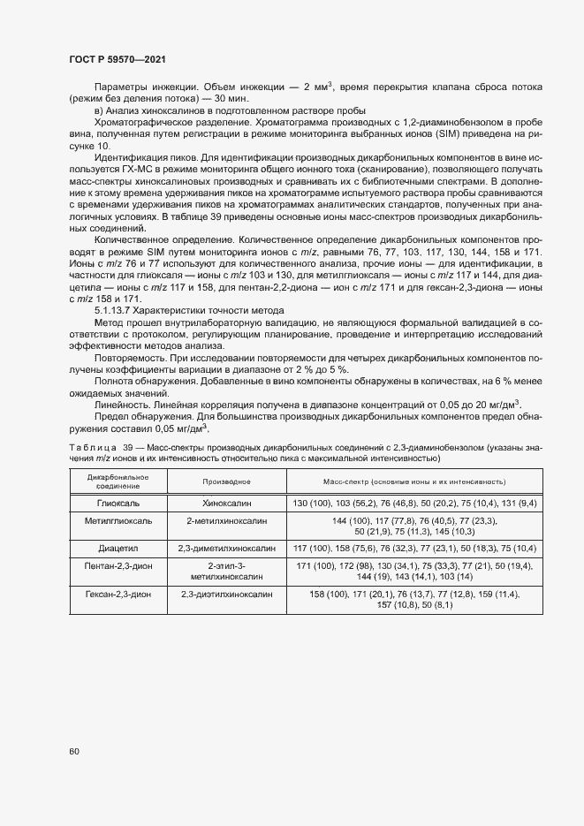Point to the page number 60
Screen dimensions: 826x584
pyautogui.click(x=74, y=751)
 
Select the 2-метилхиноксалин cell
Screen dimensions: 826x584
pyautogui.click(x=226, y=521)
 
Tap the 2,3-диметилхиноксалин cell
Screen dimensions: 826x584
pyautogui.click(x=226, y=548)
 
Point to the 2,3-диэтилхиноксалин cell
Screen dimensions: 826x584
pyautogui.click(x=226, y=595)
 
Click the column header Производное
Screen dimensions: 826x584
pyautogui.click(x=226, y=481)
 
